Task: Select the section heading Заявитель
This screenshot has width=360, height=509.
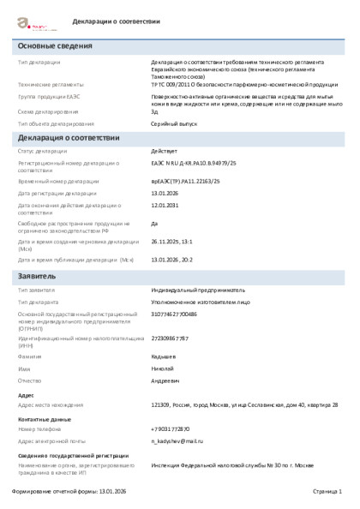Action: pyautogui.click(x=38, y=277)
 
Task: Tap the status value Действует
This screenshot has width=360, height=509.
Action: pyautogui.click(x=165, y=151)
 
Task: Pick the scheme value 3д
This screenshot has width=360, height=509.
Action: pyautogui.click(x=154, y=111)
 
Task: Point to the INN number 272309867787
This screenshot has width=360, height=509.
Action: pyautogui.click(x=170, y=338)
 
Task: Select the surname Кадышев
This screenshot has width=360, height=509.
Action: pyautogui.click(x=165, y=355)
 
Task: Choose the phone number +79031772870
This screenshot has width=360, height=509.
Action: pyautogui.click(x=171, y=428)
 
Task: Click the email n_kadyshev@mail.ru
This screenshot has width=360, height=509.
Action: pyautogui.click(x=177, y=440)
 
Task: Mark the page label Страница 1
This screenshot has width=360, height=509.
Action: pyautogui.click(x=326, y=491)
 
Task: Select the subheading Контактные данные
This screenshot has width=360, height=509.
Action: pyautogui.click(x=44, y=416)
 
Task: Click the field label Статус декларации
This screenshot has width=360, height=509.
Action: pyautogui.click(x=43, y=151)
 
